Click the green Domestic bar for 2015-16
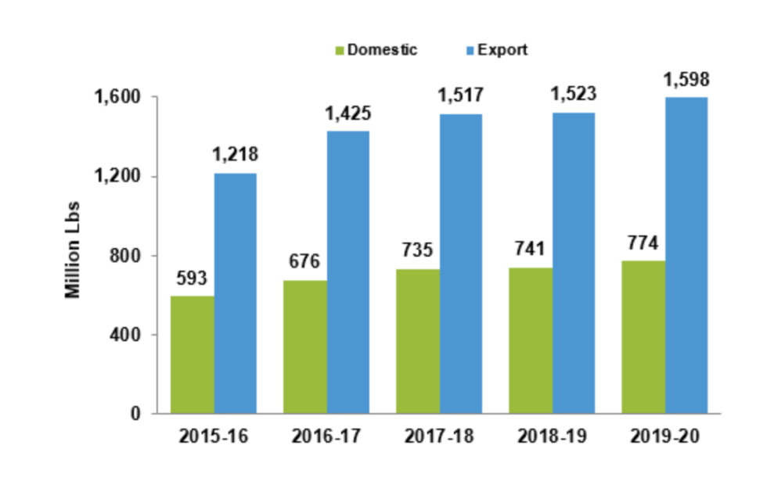pyautogui.click(x=192, y=354)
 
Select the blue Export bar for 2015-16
pyautogui.click(x=235, y=293)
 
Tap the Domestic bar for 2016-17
pyautogui.click(x=304, y=347)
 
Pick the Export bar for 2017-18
pyautogui.click(x=460, y=264)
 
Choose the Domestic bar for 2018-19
pyautogui.click(x=530, y=340)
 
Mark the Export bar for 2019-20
pyautogui.click(x=686, y=255)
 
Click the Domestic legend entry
pyautogui.click(x=376, y=49)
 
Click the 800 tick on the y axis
pyautogui.click(x=126, y=256)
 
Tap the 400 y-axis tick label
pyautogui.click(x=126, y=335)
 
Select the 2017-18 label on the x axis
pyautogui.click(x=438, y=436)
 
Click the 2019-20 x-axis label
pyautogui.click(x=664, y=436)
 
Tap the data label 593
pyautogui.click(x=192, y=279)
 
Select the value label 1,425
pyautogui.click(x=347, y=113)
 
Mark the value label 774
pyautogui.click(x=643, y=243)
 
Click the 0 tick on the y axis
pyautogui.click(x=134, y=414)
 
